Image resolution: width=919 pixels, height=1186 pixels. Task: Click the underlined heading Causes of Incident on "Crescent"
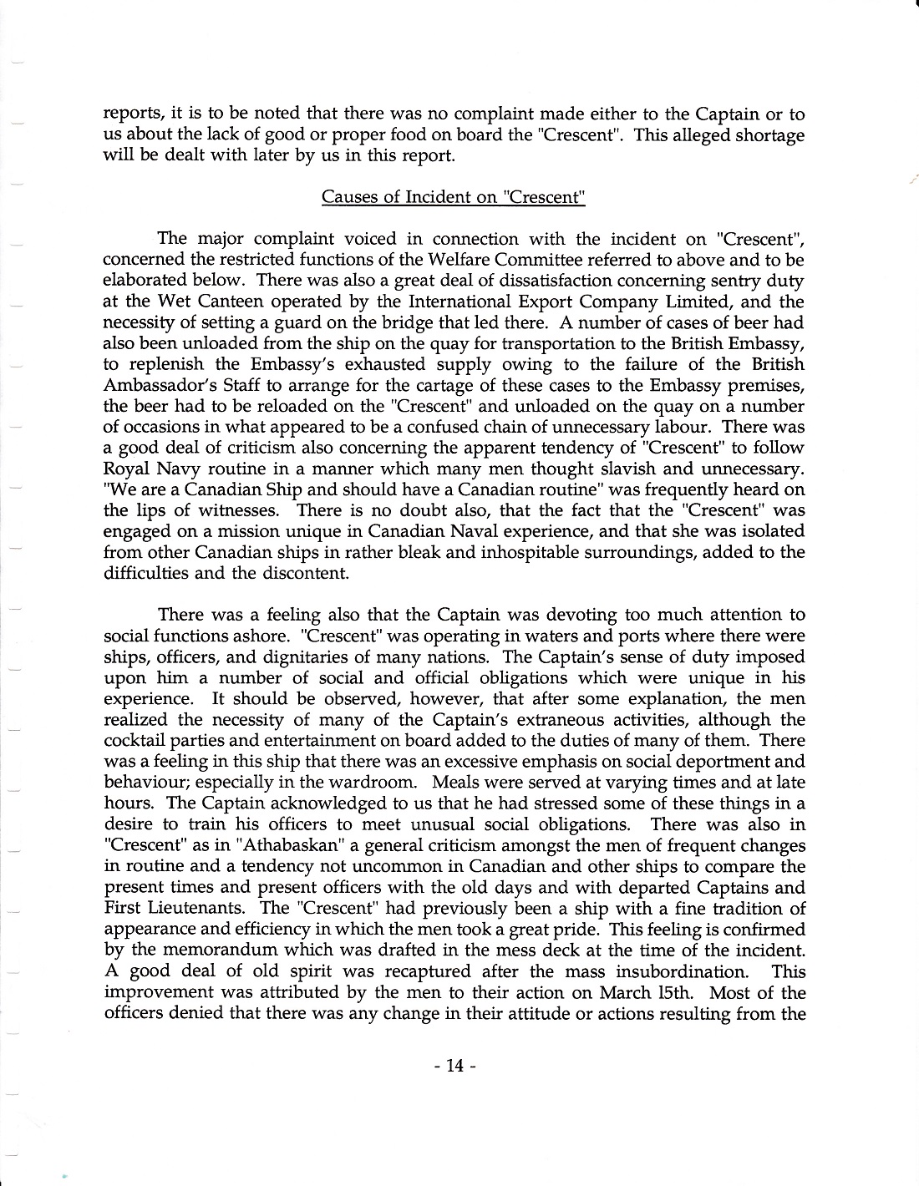(453, 197)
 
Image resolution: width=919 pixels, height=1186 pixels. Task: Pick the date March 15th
(630, 993)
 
